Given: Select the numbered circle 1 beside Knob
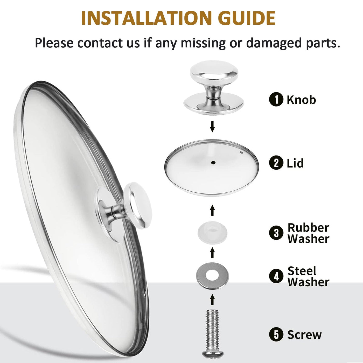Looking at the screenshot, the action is (x=276, y=100).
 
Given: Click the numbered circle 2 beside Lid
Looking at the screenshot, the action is (x=276, y=163).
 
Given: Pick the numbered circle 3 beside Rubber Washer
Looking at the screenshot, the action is (x=276, y=233).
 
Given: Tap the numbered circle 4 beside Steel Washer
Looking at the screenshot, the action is (x=276, y=276).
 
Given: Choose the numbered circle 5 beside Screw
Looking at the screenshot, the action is (x=276, y=334).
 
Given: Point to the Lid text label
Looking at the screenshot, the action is (x=295, y=163).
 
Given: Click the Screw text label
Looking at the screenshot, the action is (x=304, y=335).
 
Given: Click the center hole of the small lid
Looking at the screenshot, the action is (x=213, y=163).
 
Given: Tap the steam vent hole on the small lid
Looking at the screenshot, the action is (x=241, y=152).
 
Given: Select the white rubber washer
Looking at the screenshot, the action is (x=213, y=233).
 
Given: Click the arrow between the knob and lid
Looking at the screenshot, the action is (x=213, y=127).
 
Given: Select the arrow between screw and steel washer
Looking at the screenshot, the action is (x=213, y=300).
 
